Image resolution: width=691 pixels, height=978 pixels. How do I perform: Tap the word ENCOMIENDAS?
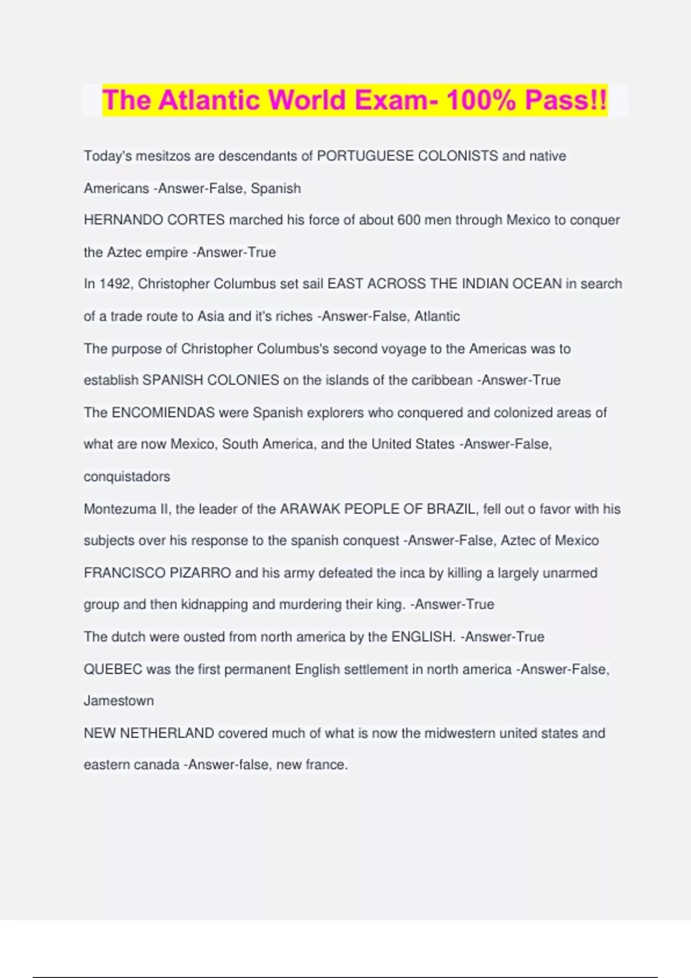click(x=163, y=412)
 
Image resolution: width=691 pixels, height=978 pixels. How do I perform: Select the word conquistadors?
click(x=127, y=476)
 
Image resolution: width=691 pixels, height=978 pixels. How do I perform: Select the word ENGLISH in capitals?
click(x=423, y=637)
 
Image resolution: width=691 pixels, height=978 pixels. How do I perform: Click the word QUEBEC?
click(x=113, y=669)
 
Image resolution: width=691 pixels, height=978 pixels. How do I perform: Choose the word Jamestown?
click(x=119, y=701)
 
